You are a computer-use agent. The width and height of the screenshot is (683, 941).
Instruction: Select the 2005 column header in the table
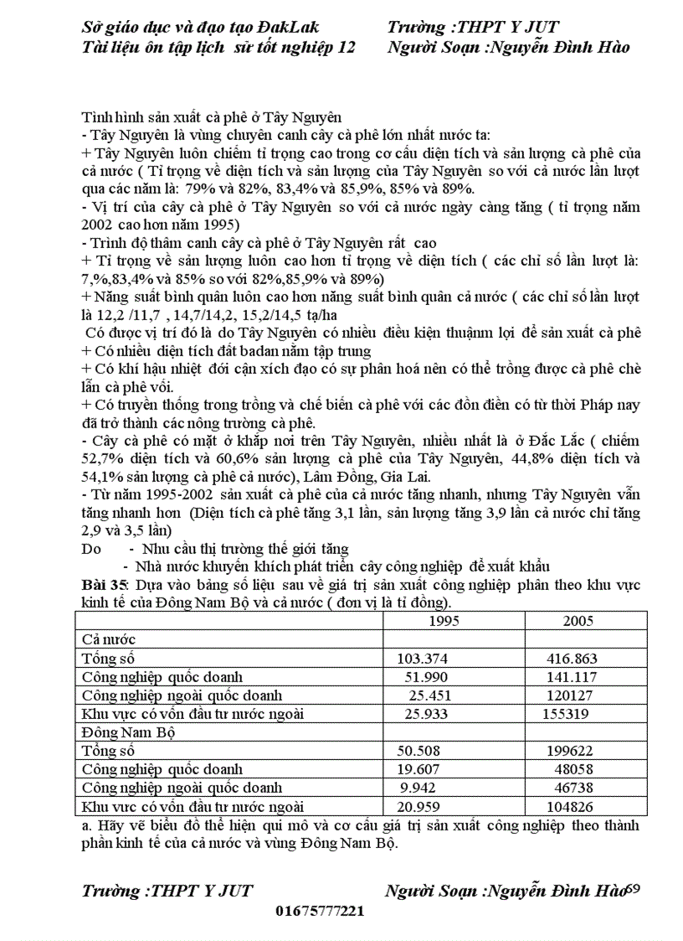click(578, 621)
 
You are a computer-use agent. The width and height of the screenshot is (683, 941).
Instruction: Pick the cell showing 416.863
click(572, 659)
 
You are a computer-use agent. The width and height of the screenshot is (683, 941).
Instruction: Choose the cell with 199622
click(571, 751)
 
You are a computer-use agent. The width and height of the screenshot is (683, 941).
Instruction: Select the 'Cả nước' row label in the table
click(108, 639)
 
